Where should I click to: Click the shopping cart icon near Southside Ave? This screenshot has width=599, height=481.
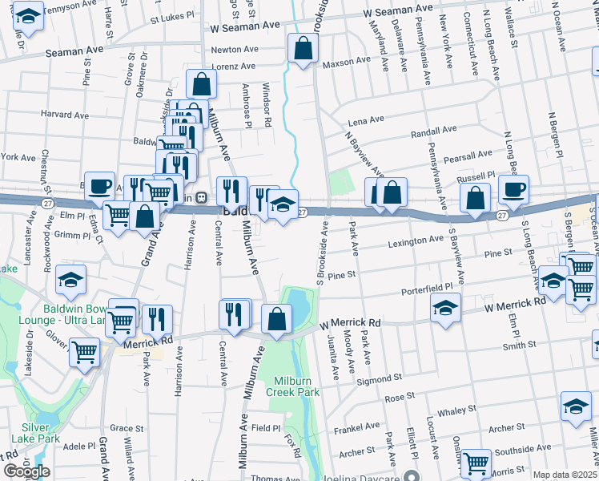tap(476, 462)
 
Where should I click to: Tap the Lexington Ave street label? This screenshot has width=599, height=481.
tap(415, 240)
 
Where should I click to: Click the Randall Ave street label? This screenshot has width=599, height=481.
tap(432, 130)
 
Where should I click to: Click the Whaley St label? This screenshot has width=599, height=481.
tap(457, 411)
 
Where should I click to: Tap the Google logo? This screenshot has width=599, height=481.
tap(26, 471)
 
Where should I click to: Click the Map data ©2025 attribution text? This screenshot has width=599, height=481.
tap(565, 475)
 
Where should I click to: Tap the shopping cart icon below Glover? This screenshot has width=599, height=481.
tap(83, 351)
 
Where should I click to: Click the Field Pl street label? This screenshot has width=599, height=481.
tap(266, 428)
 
